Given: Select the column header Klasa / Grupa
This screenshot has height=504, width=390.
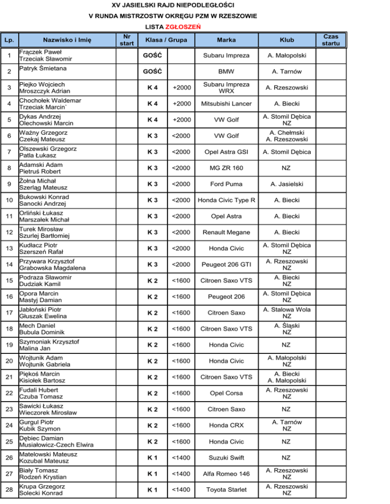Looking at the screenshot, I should pyautogui.click(x=166, y=40).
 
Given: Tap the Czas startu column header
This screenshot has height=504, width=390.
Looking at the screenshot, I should pyautogui.click(x=334, y=40).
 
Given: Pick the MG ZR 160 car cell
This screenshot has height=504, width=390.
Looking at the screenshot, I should pyautogui.click(x=226, y=168).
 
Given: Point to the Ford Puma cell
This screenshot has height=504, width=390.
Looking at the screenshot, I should pyautogui.click(x=226, y=184).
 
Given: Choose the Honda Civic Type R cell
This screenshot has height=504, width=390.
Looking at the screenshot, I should pyautogui.click(x=226, y=200).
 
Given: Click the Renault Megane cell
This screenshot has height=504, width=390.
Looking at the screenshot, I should pyautogui.click(x=226, y=232).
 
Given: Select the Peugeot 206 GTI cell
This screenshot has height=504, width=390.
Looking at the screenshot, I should pyautogui.click(x=226, y=265).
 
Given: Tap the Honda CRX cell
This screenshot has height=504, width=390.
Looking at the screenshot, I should pyautogui.click(x=226, y=425).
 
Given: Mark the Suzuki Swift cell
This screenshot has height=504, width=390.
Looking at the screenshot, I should pyautogui.click(x=226, y=458).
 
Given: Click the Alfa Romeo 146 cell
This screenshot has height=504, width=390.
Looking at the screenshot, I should pyautogui.click(x=226, y=474).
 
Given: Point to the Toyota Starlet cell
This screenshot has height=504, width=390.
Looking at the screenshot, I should pyautogui.click(x=226, y=490).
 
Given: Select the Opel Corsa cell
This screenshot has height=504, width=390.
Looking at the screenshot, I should pyautogui.click(x=226, y=393).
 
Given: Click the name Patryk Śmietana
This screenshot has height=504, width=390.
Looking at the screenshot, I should pyautogui.click(x=44, y=68).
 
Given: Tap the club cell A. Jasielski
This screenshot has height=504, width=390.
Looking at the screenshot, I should pyautogui.click(x=286, y=184).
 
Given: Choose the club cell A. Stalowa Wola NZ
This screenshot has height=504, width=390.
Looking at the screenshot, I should pyautogui.click(x=286, y=313).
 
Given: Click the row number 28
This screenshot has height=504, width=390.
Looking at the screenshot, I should pyautogui.click(x=9, y=490).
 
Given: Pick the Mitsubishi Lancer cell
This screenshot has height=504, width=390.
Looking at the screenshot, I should pyautogui.click(x=226, y=104).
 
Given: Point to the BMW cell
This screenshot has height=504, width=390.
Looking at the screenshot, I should pyautogui.click(x=226, y=72).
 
